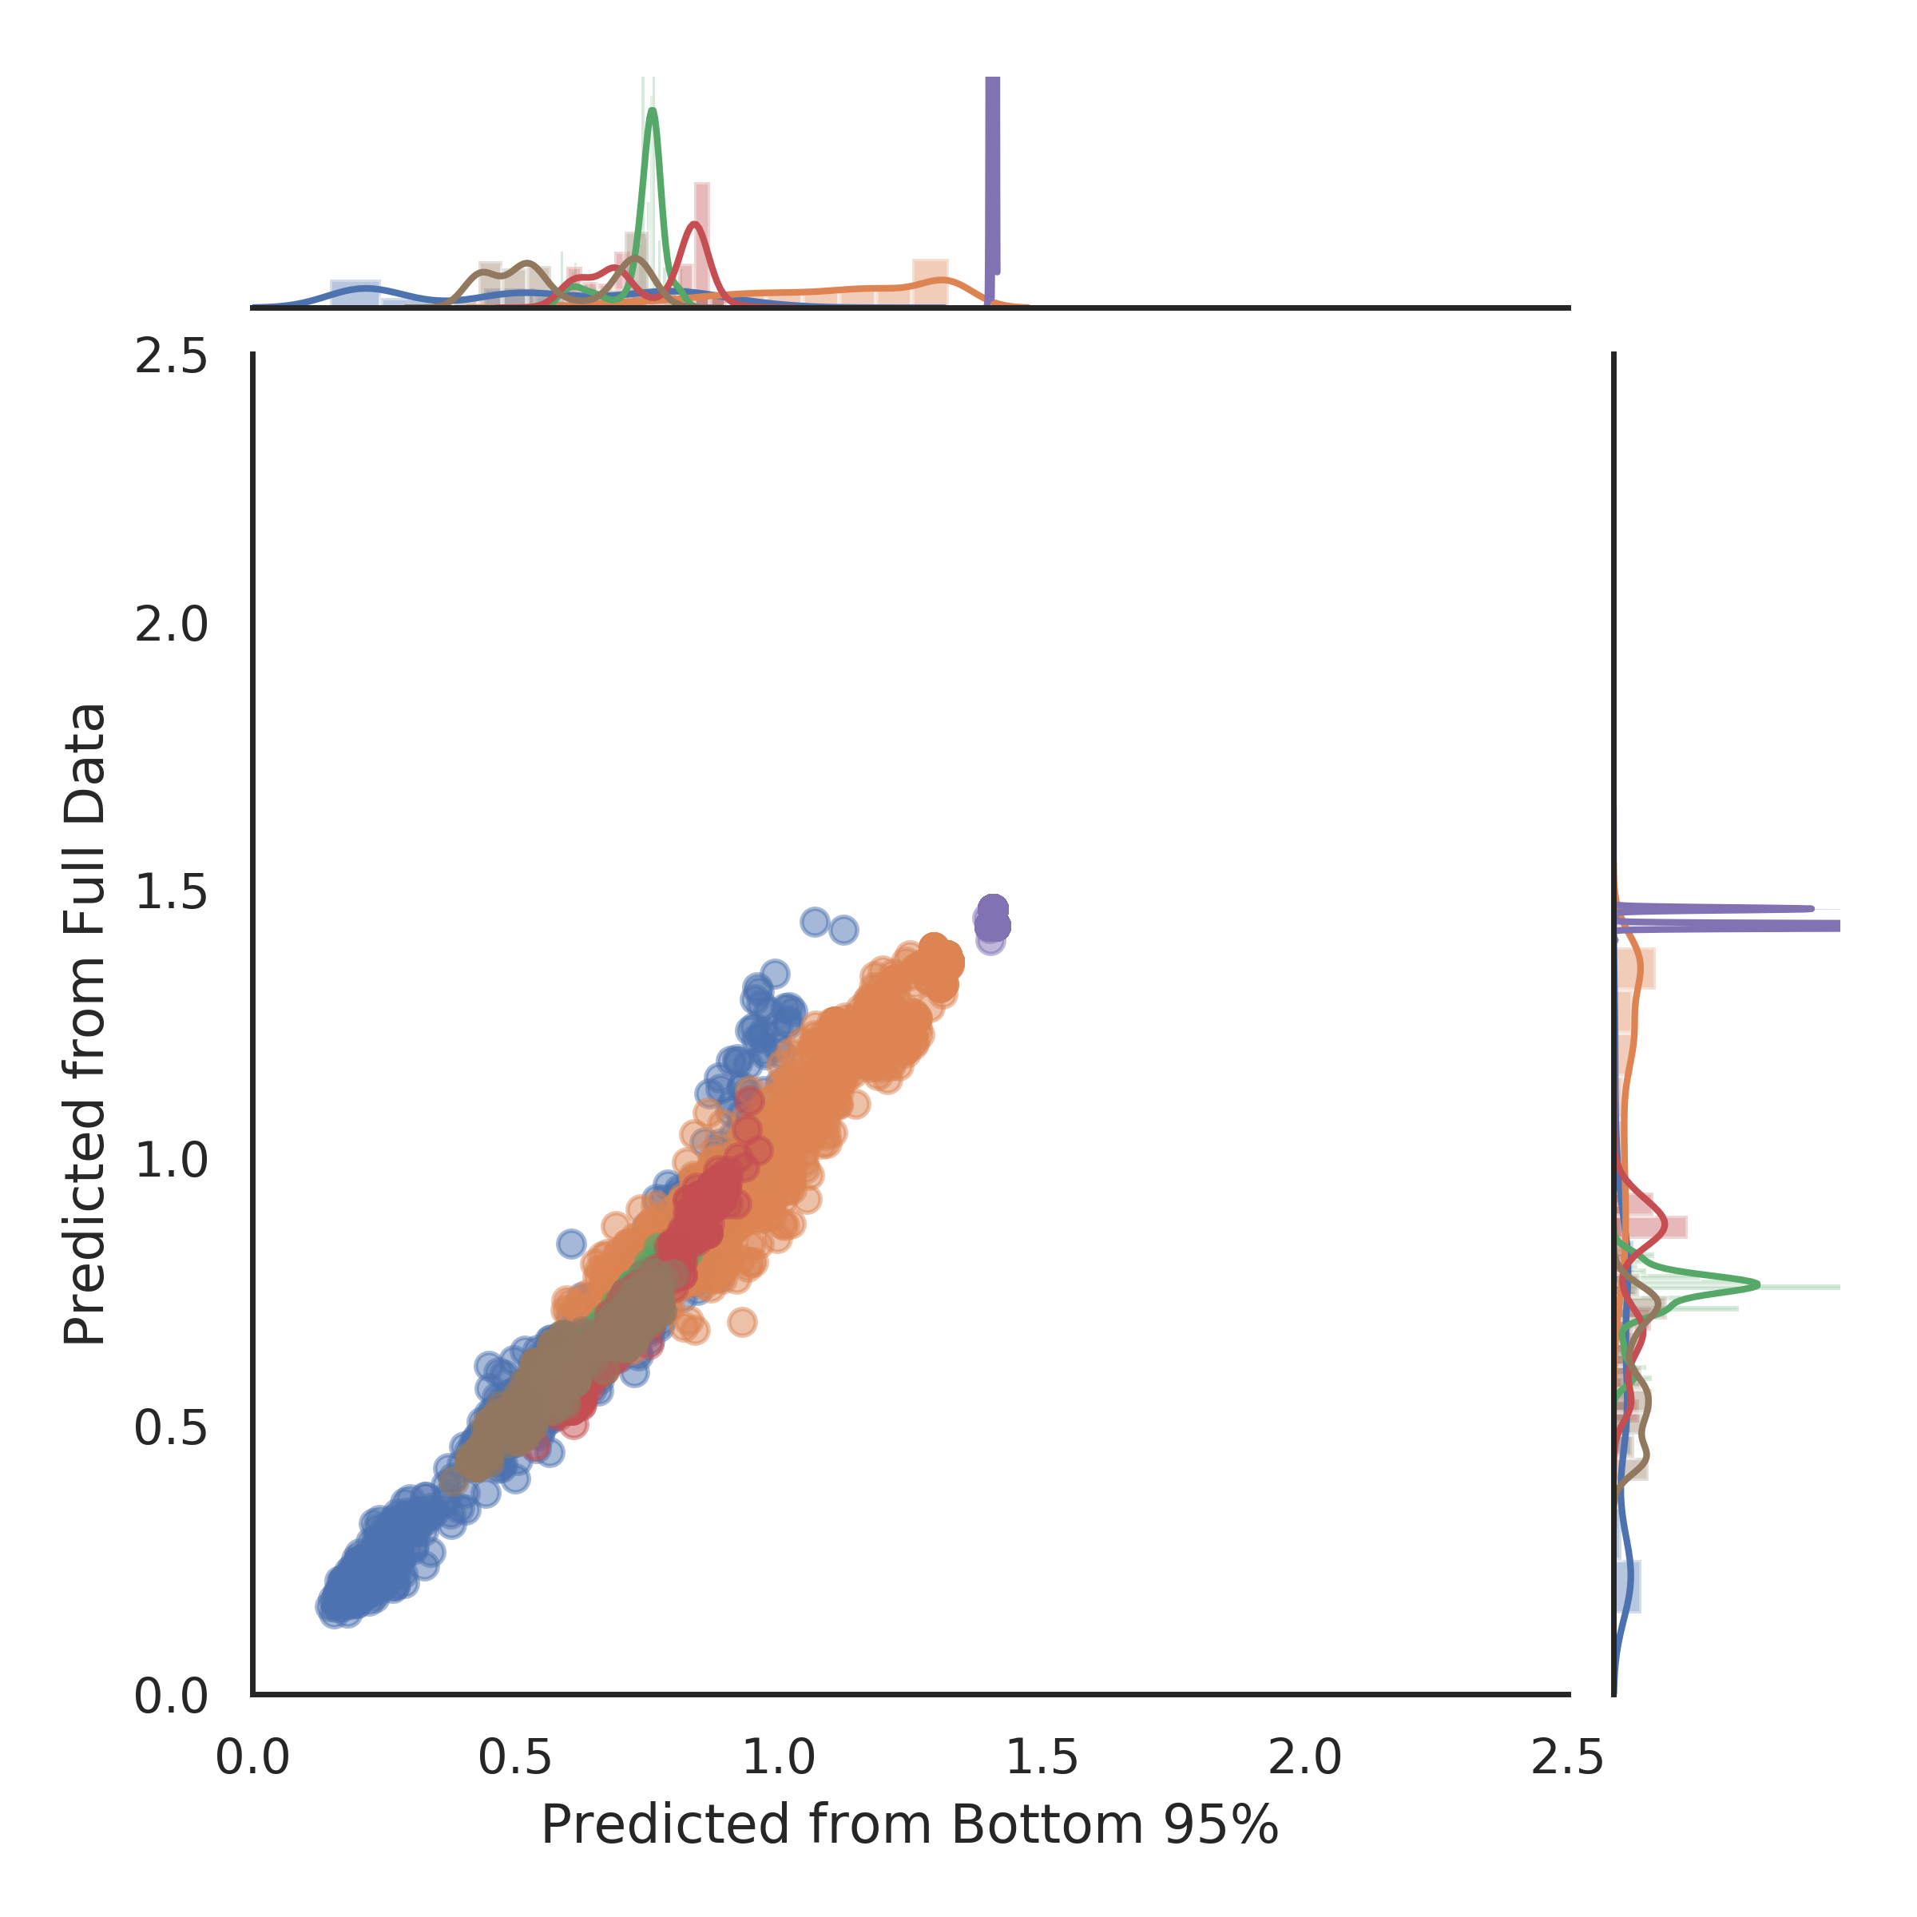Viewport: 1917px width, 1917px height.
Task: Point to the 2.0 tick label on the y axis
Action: (171, 625)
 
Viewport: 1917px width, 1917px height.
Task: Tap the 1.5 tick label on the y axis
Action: (171, 893)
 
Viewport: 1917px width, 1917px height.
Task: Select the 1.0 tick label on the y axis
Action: (171, 1160)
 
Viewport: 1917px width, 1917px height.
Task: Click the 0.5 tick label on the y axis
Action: (171, 1428)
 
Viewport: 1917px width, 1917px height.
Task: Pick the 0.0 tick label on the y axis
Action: (171, 1696)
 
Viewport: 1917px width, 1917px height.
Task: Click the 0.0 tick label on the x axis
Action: (253, 1758)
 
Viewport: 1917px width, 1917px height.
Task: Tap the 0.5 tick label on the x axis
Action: (516, 1758)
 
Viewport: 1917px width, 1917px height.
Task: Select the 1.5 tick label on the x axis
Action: (1043, 1758)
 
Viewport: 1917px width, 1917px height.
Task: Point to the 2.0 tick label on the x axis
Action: (1306, 1758)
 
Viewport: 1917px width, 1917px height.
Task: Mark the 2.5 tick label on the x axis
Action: (1569, 1758)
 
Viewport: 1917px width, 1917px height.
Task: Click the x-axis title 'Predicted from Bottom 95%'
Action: (910, 1826)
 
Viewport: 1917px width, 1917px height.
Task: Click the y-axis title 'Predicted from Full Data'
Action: (85, 1024)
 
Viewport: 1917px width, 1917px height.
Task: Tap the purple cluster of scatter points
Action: (992, 920)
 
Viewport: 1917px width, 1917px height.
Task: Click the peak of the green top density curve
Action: (652, 110)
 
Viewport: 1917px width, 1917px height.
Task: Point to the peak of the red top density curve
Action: (696, 224)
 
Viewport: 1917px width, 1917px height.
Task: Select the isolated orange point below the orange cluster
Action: (741, 1322)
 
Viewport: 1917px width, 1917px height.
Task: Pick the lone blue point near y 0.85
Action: (570, 1242)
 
